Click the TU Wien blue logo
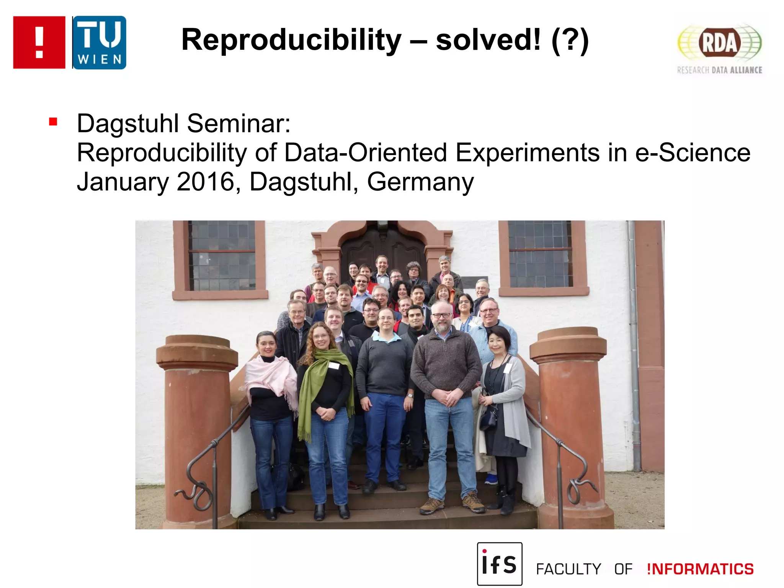(x=99, y=42)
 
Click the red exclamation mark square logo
(x=39, y=42)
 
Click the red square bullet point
(x=53, y=122)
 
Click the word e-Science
(x=693, y=153)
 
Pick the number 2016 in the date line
(x=205, y=182)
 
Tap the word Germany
(x=420, y=183)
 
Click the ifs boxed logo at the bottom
(x=499, y=563)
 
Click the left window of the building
(x=221, y=256)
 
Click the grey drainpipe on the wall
(x=634, y=345)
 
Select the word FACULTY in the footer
(x=568, y=569)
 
